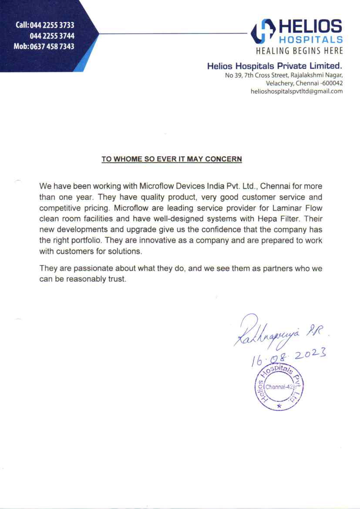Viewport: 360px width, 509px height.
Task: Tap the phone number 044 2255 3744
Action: tap(52, 36)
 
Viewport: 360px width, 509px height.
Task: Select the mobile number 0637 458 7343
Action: tap(51, 46)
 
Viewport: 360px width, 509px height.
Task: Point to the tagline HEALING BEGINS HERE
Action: tap(299, 51)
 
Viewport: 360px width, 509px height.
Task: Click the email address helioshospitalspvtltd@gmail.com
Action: tap(296, 91)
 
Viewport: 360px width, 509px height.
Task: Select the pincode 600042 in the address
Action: tap(333, 83)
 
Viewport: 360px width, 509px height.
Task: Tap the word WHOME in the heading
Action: tap(128, 159)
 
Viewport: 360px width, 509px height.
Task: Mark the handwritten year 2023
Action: tap(310, 356)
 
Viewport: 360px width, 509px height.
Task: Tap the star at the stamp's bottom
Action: tap(279, 406)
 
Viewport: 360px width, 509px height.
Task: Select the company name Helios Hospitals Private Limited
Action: tap(275, 66)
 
